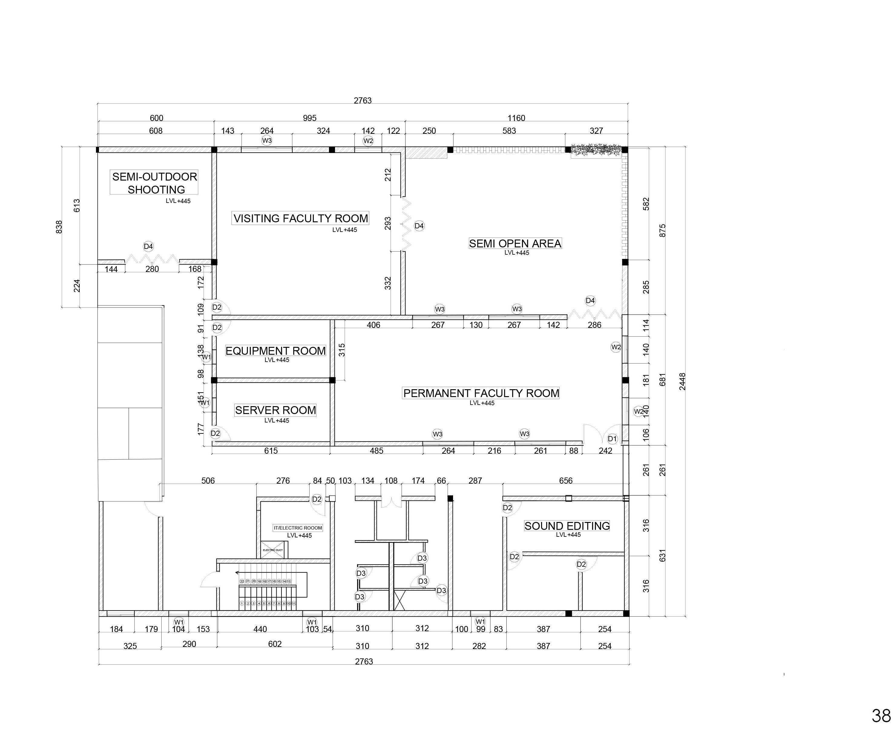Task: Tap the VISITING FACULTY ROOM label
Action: click(301, 218)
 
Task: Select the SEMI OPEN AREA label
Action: click(515, 243)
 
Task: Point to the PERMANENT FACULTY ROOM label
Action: click(481, 393)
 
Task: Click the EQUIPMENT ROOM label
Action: click(275, 351)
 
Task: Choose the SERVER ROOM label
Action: click(275, 410)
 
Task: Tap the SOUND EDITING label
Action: click(567, 526)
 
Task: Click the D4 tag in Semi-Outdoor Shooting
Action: click(148, 246)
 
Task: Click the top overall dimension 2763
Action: click(363, 100)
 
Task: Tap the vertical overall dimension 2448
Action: click(682, 381)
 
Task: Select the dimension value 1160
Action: click(516, 118)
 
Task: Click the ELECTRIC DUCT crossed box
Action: click(272, 549)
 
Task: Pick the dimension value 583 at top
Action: click(509, 131)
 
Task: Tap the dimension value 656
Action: click(566, 481)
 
